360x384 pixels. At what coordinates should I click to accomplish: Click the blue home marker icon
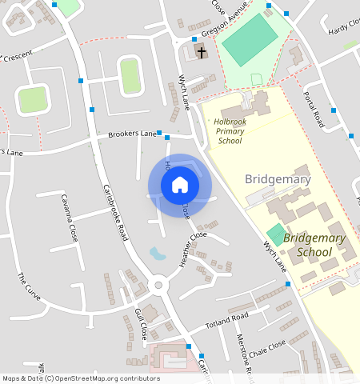point(180,185)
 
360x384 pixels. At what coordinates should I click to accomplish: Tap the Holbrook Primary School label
point(229,131)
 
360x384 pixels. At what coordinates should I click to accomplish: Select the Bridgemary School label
point(314,246)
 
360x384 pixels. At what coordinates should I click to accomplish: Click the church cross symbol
point(201,53)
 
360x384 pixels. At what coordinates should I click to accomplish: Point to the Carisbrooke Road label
point(115,212)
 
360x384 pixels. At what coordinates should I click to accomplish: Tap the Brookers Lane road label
point(132,134)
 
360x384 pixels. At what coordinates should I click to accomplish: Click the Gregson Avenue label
point(226,30)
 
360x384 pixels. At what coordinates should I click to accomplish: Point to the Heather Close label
point(193,249)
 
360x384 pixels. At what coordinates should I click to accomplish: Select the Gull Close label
point(142,322)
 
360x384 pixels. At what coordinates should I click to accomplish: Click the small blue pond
point(158,254)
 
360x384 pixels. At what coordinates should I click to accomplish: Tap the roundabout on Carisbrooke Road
point(158,284)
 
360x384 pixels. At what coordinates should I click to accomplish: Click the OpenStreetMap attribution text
point(81,378)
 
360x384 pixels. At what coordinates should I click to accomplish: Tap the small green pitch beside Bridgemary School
point(275,235)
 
